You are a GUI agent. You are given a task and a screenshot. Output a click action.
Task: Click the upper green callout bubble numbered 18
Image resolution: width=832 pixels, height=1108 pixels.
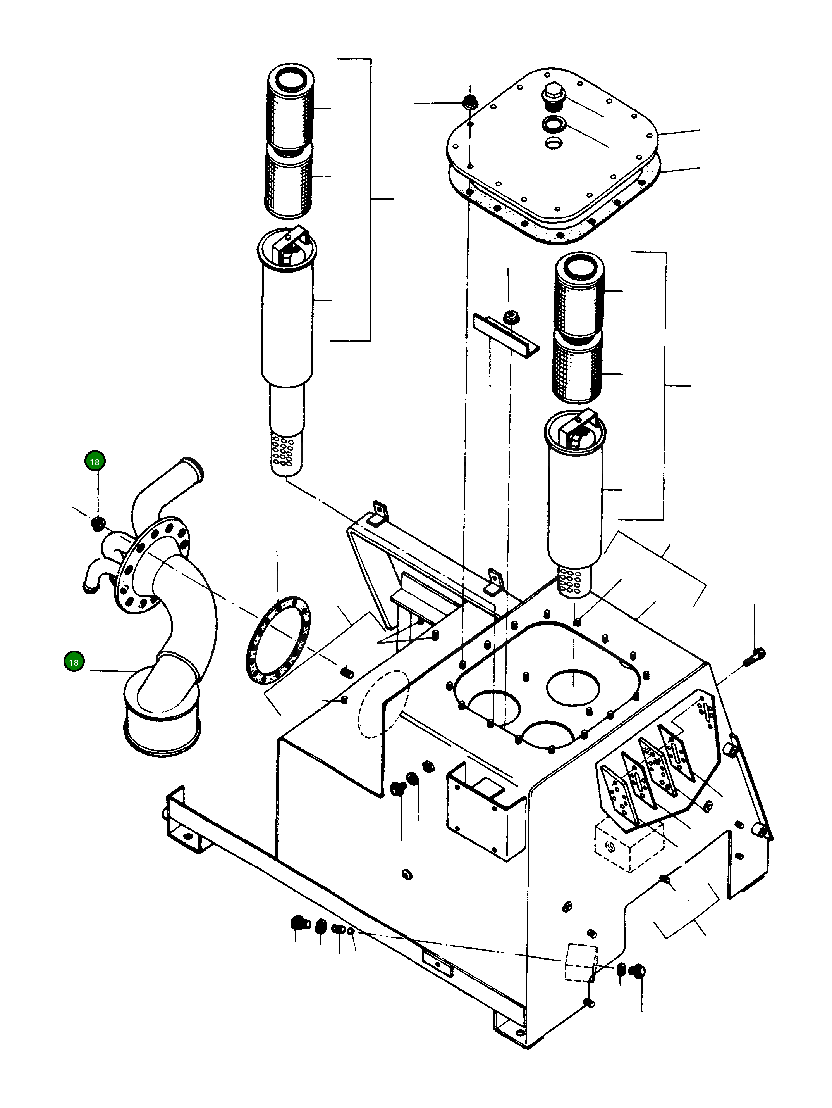click(x=95, y=461)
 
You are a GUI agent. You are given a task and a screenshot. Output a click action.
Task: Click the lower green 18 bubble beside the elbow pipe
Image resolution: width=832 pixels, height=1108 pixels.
click(x=74, y=662)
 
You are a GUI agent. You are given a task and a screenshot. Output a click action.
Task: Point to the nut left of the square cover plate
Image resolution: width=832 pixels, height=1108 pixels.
click(x=469, y=102)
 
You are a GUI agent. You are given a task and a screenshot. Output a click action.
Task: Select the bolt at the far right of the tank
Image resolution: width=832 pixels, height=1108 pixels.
click(x=755, y=656)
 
